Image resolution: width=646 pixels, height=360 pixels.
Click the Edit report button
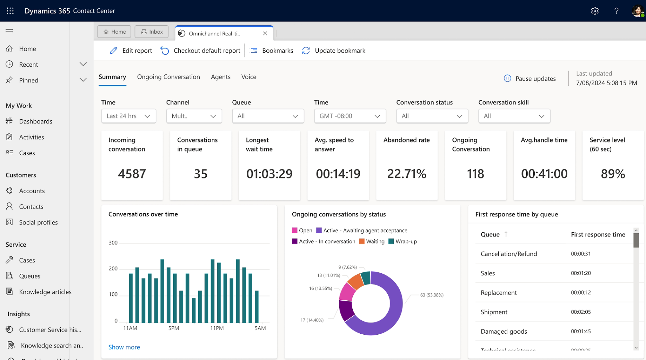point(131,51)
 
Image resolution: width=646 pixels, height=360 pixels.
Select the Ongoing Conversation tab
point(168,77)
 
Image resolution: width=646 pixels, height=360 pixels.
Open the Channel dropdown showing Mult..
point(194,116)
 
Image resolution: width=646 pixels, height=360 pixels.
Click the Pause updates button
point(530,79)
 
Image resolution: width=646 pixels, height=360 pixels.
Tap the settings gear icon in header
point(595,11)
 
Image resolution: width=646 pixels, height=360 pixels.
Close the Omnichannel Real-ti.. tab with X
point(265,33)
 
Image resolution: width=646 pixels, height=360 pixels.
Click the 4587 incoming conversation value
point(132,174)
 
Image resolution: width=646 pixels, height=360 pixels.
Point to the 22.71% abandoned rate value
point(407,174)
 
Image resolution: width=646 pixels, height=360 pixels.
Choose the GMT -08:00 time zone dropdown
point(350,116)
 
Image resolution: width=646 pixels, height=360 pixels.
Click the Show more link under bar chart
point(124,347)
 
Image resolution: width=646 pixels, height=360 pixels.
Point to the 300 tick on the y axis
point(113,243)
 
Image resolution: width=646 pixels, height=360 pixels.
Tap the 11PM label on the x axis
point(217,328)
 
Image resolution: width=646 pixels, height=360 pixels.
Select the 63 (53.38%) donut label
point(432,295)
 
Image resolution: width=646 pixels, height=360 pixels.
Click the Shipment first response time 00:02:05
point(581,312)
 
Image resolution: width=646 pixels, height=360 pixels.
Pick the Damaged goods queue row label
point(504,331)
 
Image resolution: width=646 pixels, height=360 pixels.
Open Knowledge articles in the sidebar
point(45,292)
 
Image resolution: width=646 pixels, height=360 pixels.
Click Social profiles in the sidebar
point(38,223)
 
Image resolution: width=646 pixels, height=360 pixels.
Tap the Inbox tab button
point(152,32)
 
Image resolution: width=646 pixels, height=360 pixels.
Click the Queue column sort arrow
point(506,234)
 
